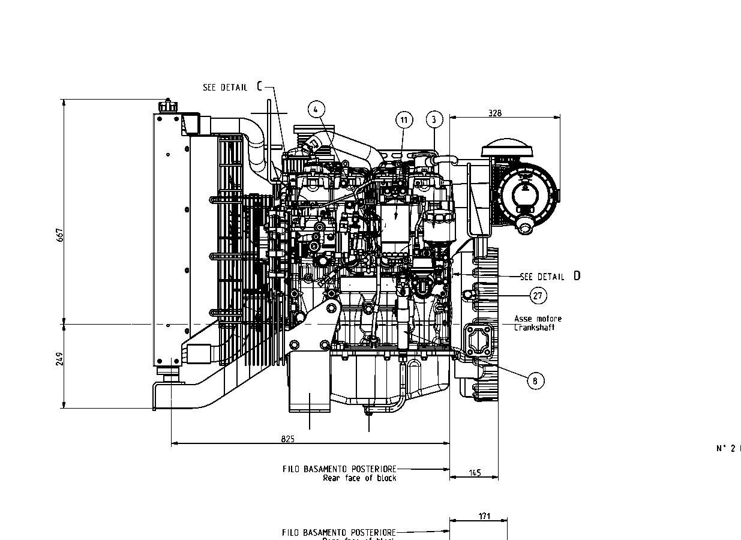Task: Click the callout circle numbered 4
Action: click(x=317, y=109)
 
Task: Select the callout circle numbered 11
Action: click(x=404, y=120)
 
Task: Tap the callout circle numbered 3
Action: click(x=434, y=119)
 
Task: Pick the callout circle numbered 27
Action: click(x=538, y=295)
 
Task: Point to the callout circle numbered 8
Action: click(x=535, y=380)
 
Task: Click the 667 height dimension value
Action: click(x=60, y=235)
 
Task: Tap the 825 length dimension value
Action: click(x=288, y=439)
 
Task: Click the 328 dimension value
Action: click(x=495, y=112)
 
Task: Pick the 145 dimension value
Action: click(x=475, y=473)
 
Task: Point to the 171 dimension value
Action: click(x=485, y=516)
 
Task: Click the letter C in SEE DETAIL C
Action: click(x=260, y=86)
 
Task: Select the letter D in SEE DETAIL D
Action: click(x=577, y=276)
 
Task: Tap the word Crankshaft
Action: click(x=534, y=328)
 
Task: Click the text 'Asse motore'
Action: click(x=538, y=319)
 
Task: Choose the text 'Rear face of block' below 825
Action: click(x=359, y=478)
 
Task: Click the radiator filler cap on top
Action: click(x=168, y=106)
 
